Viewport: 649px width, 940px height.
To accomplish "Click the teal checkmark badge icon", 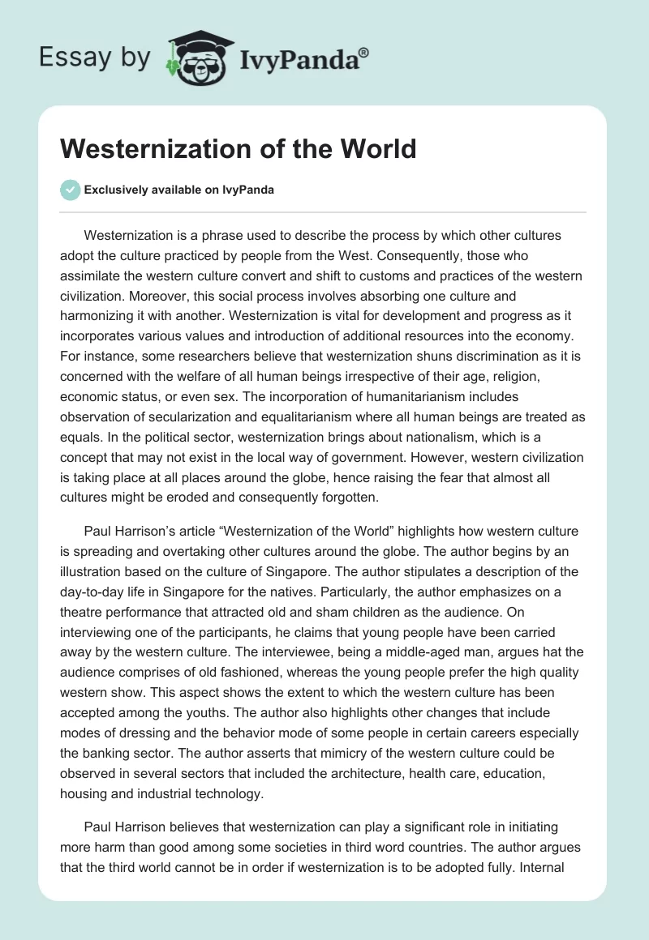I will click(x=71, y=190).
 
